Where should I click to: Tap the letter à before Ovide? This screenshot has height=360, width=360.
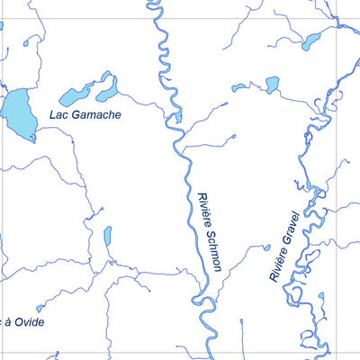(x=7, y=321)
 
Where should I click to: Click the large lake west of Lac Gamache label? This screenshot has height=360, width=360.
(x=18, y=112)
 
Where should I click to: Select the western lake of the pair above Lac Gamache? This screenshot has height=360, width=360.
(x=75, y=94)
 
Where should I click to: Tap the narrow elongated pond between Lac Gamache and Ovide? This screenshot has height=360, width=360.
(x=107, y=237)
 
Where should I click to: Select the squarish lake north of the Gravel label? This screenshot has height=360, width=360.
(x=272, y=85)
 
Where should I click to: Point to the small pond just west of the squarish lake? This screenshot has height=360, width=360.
(x=239, y=87)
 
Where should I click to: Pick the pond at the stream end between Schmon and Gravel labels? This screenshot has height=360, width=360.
(x=266, y=247)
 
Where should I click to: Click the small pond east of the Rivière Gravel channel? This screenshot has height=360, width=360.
(x=322, y=296)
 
